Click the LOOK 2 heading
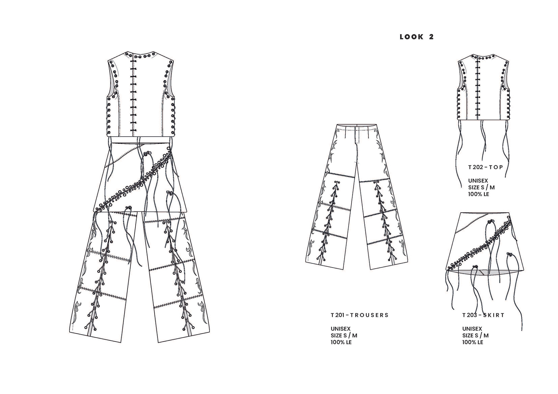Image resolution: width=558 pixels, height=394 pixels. (416, 37)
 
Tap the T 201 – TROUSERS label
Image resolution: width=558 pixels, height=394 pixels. (360, 315)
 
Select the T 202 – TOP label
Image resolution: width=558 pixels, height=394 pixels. (485, 167)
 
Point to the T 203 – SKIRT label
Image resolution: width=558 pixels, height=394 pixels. (483, 315)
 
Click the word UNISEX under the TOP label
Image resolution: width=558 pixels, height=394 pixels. (478, 181)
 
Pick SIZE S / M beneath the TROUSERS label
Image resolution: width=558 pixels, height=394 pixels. (344, 335)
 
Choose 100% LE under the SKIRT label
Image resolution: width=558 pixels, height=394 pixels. (473, 342)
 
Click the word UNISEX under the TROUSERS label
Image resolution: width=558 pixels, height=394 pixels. (340, 329)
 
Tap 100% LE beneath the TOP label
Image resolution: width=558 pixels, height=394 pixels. (478, 194)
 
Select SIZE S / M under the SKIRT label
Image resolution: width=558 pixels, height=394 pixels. (475, 335)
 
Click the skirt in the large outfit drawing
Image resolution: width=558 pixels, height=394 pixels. (139, 177)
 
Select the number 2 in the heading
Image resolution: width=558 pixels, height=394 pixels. (431, 37)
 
